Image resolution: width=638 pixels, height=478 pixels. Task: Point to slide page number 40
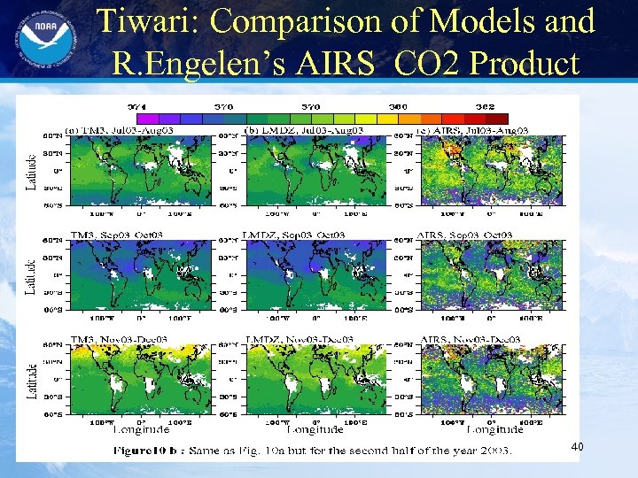click(x=578, y=449)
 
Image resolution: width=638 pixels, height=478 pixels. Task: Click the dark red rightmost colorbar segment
click(x=497, y=118)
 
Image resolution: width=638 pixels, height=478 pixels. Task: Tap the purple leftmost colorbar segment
click(x=147, y=118)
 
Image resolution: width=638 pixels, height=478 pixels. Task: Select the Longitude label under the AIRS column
click(x=494, y=430)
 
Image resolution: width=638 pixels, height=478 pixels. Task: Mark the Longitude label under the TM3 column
click(x=141, y=430)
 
